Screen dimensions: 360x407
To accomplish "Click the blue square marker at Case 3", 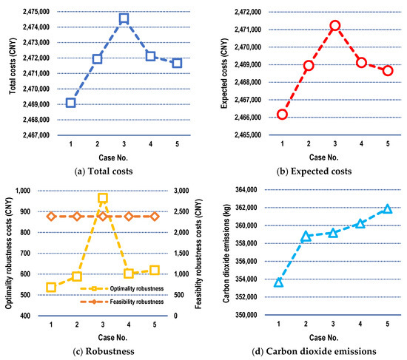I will (x=124, y=18).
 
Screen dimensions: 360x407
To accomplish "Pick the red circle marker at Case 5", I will (x=388, y=70).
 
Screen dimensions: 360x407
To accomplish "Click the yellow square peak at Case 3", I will (x=103, y=198).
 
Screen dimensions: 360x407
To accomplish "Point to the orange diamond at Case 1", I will (x=51, y=217).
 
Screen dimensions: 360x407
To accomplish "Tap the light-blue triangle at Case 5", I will (x=387, y=209).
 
